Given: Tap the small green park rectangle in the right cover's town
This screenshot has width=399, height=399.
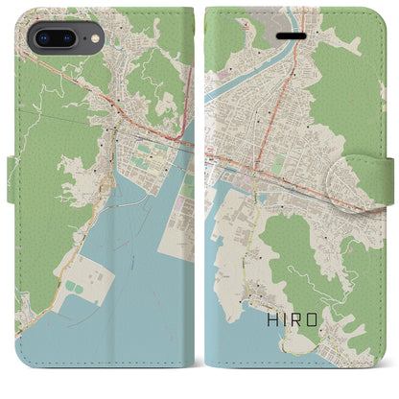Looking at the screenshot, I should (277, 165).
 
